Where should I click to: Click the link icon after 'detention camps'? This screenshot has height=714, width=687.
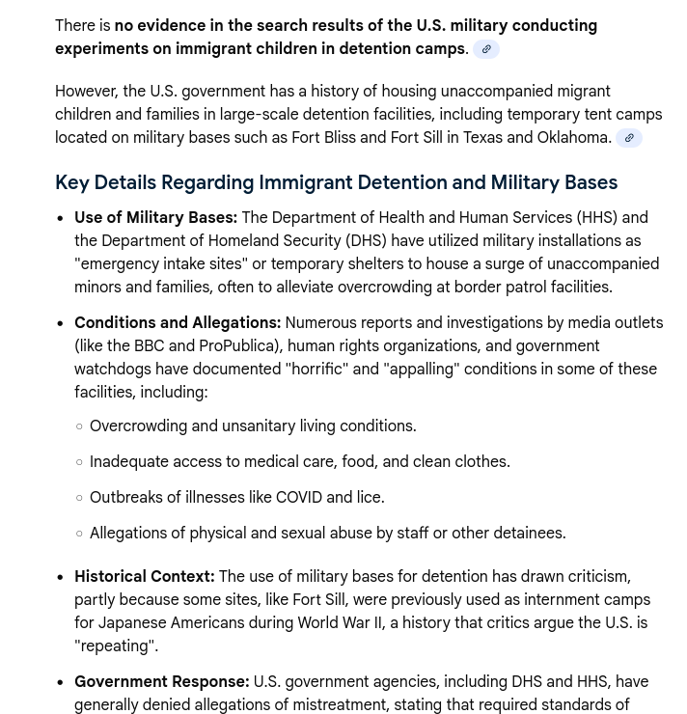coord(486,49)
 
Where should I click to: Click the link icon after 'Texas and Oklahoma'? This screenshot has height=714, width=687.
coord(629,138)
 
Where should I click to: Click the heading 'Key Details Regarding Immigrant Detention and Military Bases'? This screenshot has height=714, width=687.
coord(336,182)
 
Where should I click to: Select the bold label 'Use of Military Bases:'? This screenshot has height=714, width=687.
coord(155,218)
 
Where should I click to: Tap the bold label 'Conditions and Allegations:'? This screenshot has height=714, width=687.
coord(178,323)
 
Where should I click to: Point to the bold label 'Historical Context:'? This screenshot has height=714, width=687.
coord(145,577)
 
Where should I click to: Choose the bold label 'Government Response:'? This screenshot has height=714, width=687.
coord(162,682)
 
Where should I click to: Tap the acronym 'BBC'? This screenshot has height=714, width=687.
coord(149,346)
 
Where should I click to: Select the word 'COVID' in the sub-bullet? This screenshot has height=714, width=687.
coord(299,498)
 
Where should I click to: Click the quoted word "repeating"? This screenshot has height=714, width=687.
coord(116,646)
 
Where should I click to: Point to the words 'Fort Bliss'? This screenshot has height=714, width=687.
coord(323,138)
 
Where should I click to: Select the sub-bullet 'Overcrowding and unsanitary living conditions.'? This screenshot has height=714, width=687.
coord(253,426)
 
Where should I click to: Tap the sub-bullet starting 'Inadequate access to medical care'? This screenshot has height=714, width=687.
coord(299,462)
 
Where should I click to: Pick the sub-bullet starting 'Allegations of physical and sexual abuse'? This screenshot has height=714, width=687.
coord(327,534)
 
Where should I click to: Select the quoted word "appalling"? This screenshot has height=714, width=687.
coord(422,370)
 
